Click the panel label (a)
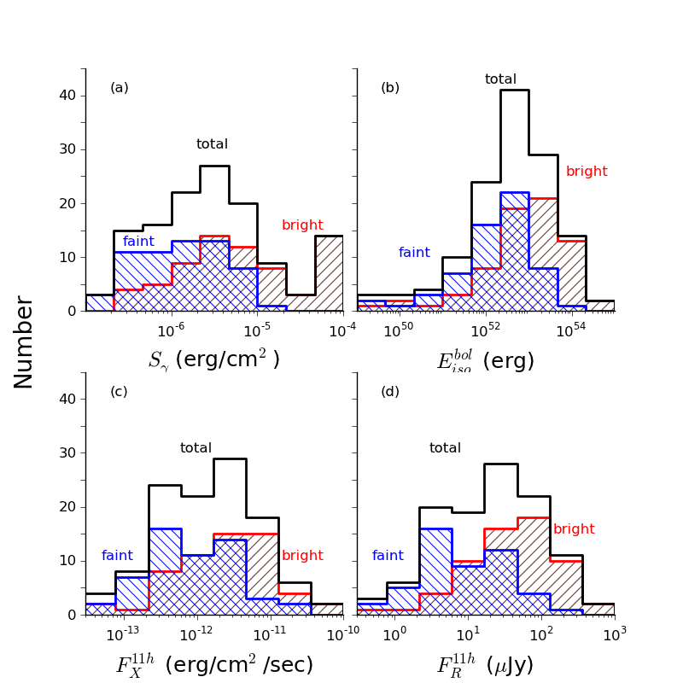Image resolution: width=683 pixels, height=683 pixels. [120, 88]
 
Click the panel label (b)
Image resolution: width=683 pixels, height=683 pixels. [390, 88]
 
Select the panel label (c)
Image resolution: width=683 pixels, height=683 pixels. [120, 392]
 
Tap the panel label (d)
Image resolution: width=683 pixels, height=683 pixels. [390, 392]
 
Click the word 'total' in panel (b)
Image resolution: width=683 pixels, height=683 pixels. [500, 79]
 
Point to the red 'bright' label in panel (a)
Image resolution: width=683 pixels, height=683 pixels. [302, 225]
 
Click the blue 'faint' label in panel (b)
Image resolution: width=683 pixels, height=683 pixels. [414, 253]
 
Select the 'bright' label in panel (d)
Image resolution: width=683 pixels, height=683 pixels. [574, 529]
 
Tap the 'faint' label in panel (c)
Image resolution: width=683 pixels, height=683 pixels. [117, 556]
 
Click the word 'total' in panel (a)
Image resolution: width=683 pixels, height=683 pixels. [212, 144]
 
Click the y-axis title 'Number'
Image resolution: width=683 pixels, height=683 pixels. [24, 341]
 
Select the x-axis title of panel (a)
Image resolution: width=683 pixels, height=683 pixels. [213, 360]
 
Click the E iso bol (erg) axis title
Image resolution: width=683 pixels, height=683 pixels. [485, 361]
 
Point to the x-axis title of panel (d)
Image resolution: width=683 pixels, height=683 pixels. [485, 665]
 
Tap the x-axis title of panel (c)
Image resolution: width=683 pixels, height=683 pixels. [214, 665]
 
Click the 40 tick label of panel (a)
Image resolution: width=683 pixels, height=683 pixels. [67, 96]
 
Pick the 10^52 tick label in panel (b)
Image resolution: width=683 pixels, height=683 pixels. [485, 330]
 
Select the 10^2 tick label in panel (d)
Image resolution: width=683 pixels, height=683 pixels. [540, 633]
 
